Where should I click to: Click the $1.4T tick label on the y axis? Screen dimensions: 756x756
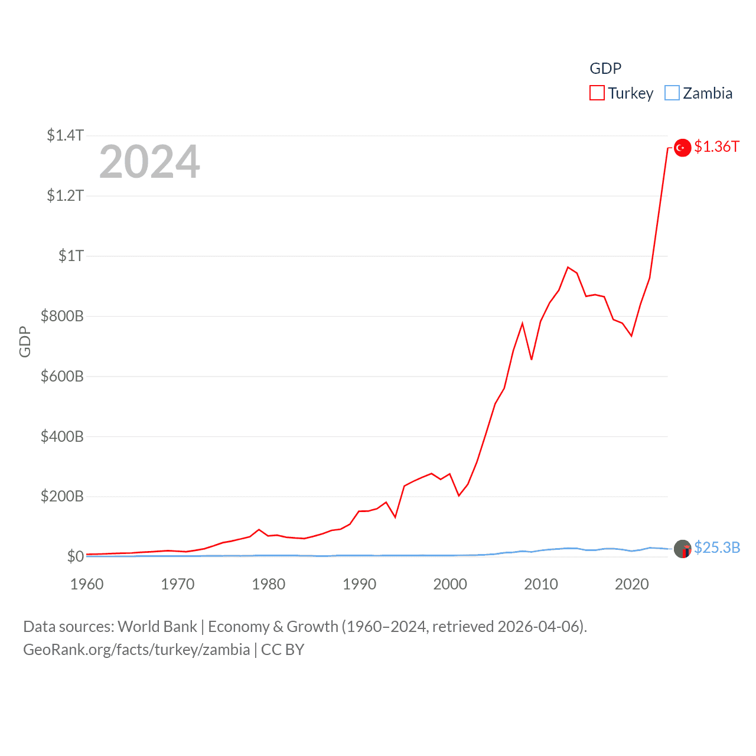(x=65, y=135)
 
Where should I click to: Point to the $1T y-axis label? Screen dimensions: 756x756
(x=71, y=256)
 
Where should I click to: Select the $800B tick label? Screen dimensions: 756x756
(x=62, y=316)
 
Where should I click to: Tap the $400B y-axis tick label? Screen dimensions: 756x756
(x=62, y=436)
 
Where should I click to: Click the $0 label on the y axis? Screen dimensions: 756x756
(x=76, y=556)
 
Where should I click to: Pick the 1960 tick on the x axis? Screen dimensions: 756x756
(x=87, y=584)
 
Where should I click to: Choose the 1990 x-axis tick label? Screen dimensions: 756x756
(x=359, y=584)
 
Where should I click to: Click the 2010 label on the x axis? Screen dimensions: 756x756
(x=541, y=584)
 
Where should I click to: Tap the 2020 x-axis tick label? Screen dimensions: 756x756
(x=632, y=584)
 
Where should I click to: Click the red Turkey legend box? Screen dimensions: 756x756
(x=597, y=93)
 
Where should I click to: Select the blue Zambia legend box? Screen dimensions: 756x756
(x=672, y=93)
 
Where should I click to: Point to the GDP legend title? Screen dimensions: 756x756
(x=605, y=69)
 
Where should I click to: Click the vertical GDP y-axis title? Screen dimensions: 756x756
(x=25, y=341)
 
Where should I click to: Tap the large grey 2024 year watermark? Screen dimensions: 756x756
(x=149, y=162)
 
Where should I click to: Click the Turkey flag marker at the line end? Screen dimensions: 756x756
(x=683, y=148)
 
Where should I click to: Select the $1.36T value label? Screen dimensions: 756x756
(x=716, y=146)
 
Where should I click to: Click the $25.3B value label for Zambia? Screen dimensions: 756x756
(x=717, y=548)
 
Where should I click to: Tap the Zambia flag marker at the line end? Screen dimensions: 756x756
(x=683, y=549)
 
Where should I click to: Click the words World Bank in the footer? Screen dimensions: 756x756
(x=157, y=627)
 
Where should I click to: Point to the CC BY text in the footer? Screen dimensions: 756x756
(x=282, y=650)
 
